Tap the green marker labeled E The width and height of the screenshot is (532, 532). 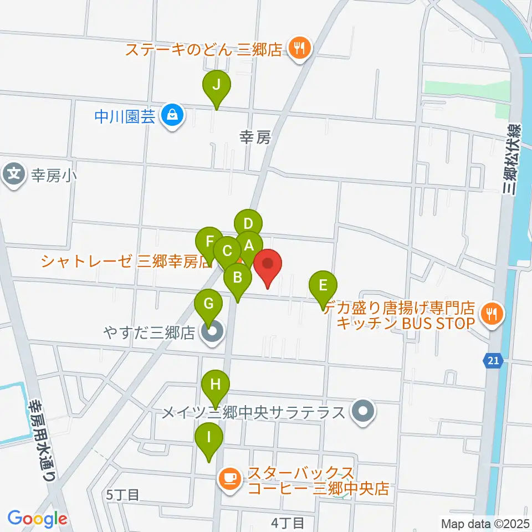[x=324, y=287]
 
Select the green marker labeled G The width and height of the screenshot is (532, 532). [x=208, y=305]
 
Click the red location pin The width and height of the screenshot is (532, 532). [x=268, y=264]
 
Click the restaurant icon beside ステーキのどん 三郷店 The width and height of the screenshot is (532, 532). [x=299, y=48]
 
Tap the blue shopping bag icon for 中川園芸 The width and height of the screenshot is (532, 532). [x=173, y=116]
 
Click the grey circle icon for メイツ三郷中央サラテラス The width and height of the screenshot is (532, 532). [x=363, y=412]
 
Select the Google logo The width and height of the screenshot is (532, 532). [x=37, y=518]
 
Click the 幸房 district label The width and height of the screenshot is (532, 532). [x=255, y=137]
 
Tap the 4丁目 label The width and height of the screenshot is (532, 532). [x=288, y=522]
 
